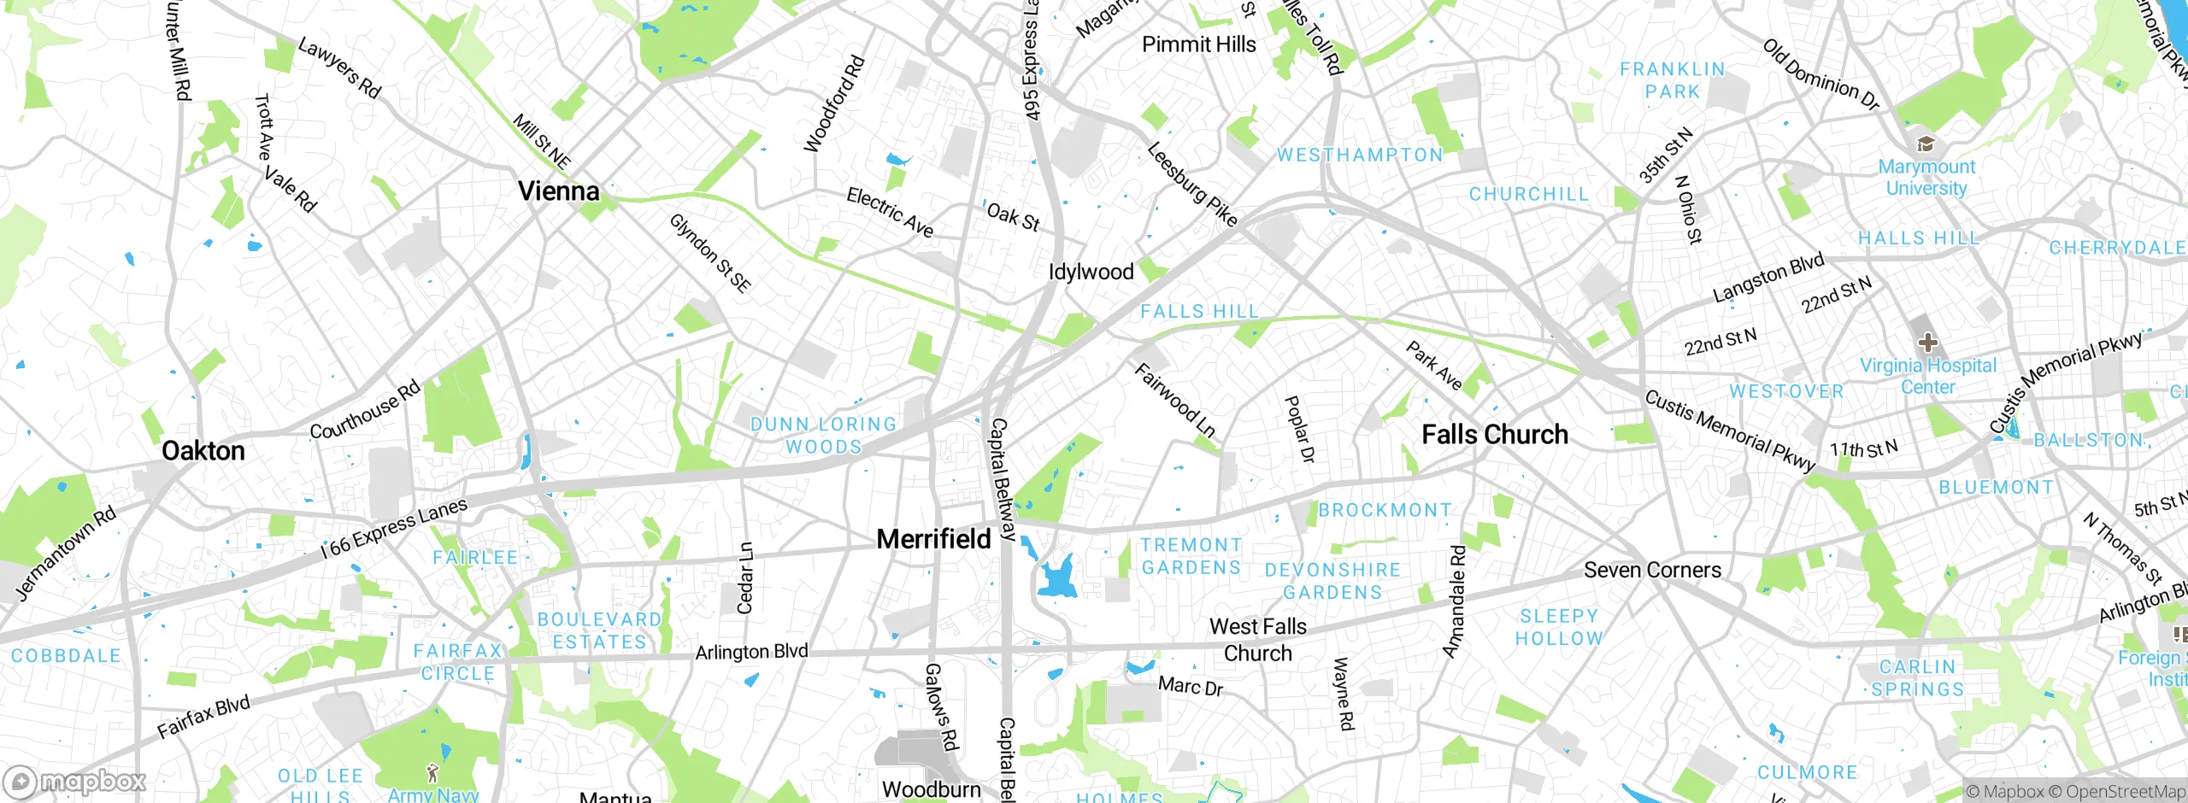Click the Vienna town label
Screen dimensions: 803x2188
pos(559,190)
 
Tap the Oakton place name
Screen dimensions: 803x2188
pos(203,451)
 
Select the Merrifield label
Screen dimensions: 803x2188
pos(934,539)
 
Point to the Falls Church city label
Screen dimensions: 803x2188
pos(1495,435)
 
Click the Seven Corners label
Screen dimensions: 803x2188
pos(1652,570)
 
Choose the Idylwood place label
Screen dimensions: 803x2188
pos(1091,272)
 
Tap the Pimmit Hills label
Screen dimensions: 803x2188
pos(1199,44)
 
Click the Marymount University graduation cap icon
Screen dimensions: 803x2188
pos(1926,143)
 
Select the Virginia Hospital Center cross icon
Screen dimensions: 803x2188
pos(1927,343)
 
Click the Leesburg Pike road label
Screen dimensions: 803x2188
pos(1191,185)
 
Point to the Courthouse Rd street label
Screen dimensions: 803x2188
pos(365,410)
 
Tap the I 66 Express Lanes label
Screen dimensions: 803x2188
pos(395,528)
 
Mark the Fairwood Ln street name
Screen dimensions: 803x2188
pos(1174,400)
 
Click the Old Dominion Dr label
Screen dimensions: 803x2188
pos(1820,75)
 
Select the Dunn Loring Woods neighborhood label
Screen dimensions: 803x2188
pos(823,436)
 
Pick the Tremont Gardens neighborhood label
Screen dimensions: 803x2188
pos(1191,556)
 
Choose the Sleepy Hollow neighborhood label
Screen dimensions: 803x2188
pos(1559,627)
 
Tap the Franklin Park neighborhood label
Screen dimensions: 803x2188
pos(1673,80)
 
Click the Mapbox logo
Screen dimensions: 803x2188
pos(75,782)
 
